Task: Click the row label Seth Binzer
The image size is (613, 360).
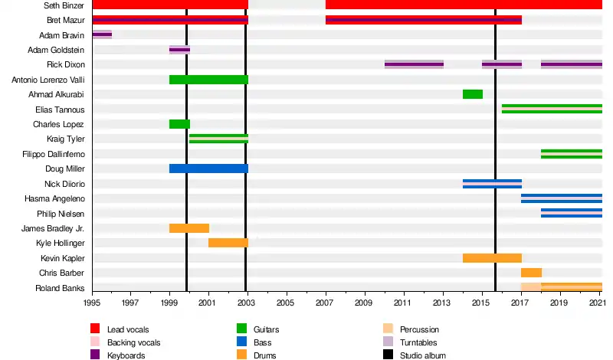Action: click(64, 5)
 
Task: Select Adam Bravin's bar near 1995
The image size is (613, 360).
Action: click(102, 34)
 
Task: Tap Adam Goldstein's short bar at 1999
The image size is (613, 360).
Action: click(179, 50)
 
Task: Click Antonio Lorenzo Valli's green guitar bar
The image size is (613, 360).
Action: click(208, 80)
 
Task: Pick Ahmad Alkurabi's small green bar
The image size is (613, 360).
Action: click(472, 94)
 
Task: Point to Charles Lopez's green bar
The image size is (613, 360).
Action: click(179, 124)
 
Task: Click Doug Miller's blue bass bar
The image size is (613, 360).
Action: click(208, 169)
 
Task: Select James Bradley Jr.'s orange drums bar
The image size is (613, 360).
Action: click(189, 228)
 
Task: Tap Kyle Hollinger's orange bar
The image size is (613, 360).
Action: click(228, 243)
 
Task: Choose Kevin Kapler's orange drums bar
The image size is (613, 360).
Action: click(492, 258)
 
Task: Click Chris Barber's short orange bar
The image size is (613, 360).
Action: click(531, 273)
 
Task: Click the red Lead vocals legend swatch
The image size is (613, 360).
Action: click(95, 329)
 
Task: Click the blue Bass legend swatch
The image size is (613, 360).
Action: click(242, 342)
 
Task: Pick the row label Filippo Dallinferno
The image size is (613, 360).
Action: click(54, 154)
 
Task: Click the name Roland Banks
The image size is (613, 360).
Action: click(60, 288)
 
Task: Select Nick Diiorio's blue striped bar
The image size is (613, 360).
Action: click(492, 184)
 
